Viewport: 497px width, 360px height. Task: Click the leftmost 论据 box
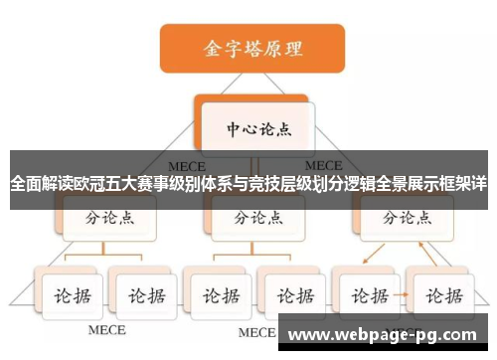(x=69, y=295)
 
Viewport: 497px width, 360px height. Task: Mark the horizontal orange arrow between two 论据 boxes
(x=405, y=295)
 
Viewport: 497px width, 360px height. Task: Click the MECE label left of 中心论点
(x=187, y=165)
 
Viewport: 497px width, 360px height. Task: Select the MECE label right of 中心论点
(x=323, y=165)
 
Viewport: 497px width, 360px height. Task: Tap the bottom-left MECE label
(x=106, y=329)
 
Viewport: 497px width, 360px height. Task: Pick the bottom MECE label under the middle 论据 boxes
(x=254, y=331)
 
